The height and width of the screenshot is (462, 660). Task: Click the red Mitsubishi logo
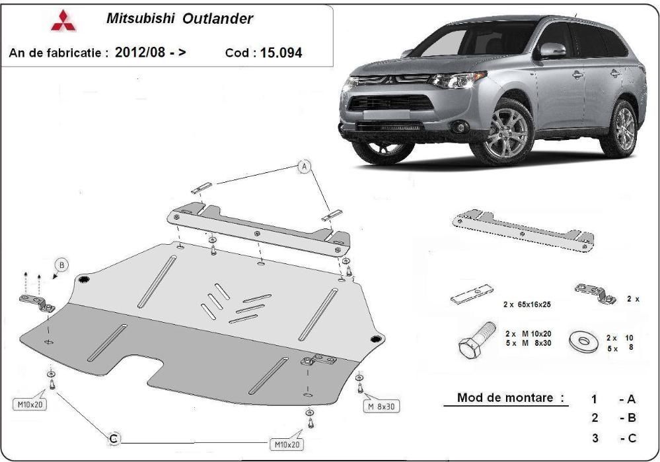63,22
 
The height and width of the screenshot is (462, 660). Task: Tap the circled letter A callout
304,167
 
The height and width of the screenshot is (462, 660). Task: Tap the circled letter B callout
61,265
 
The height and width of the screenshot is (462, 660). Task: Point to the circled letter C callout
114,438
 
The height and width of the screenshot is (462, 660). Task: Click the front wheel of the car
507,133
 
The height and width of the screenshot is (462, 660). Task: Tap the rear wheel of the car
624,127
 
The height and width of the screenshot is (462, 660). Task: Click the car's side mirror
552,51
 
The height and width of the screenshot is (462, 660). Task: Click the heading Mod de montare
511,398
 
